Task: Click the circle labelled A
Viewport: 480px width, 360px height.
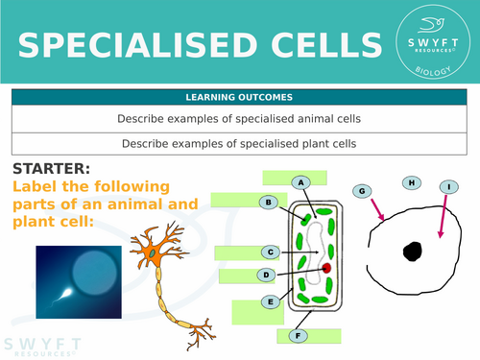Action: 301,182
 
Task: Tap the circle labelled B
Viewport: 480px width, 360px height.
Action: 270,202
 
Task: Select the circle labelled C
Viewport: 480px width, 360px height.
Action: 271,252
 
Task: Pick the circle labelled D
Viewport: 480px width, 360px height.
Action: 266,276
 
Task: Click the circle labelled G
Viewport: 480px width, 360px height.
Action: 363,192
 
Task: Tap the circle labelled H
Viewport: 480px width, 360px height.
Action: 411,182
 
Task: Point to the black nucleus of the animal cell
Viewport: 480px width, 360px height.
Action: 412,252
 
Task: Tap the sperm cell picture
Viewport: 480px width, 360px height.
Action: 79,280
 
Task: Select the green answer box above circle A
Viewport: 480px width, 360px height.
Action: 295,177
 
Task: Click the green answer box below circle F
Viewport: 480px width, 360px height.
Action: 308,336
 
